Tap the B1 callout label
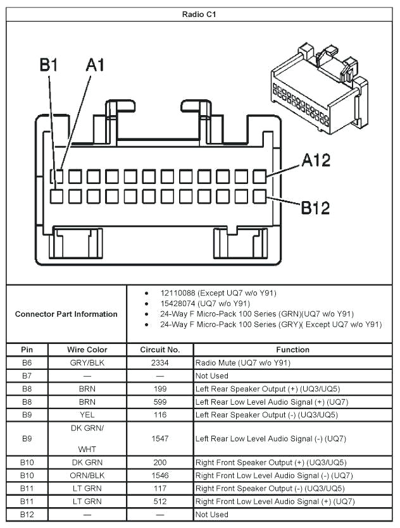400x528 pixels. click(x=49, y=65)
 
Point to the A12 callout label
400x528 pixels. click(x=315, y=161)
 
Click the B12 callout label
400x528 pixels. click(x=315, y=207)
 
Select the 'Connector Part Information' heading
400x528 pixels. click(x=66, y=314)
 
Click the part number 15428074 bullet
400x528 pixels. click(x=205, y=304)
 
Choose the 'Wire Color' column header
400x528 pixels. click(x=87, y=350)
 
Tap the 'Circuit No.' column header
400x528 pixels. click(x=160, y=350)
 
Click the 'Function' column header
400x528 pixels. click(x=292, y=350)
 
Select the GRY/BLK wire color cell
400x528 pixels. click(x=87, y=363)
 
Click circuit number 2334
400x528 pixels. click(x=160, y=363)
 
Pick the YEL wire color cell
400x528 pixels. click(x=87, y=415)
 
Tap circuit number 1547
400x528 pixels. click(x=160, y=438)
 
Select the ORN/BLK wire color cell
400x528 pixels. click(x=87, y=476)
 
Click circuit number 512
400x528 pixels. click(x=160, y=501)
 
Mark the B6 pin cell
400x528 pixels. click(x=27, y=363)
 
